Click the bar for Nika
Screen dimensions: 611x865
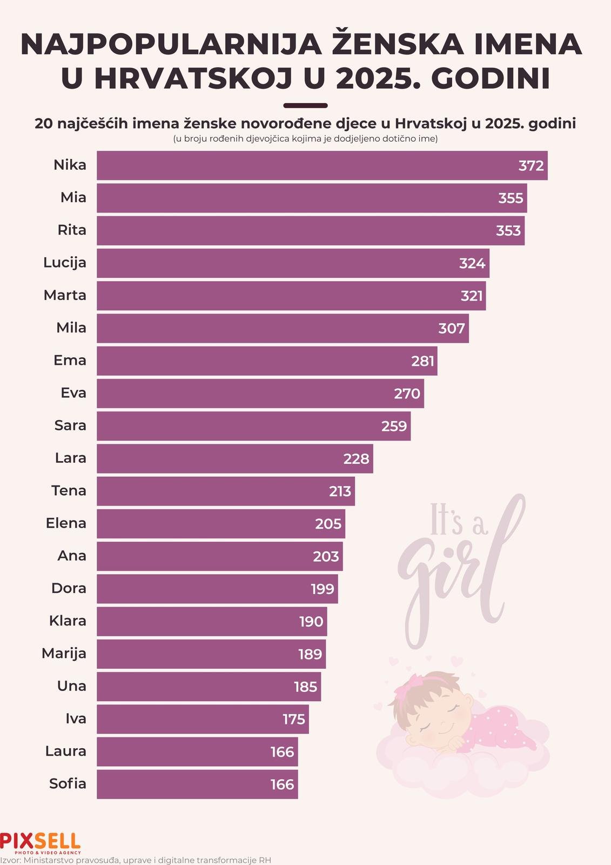323,165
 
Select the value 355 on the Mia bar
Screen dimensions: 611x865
511,198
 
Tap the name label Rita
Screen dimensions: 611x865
72,230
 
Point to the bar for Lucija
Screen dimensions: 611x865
293,263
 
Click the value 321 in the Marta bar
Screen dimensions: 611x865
471,296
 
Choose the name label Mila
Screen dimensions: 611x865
71,328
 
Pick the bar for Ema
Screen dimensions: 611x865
267,361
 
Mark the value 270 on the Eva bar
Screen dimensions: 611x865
407,394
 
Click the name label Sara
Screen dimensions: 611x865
70,425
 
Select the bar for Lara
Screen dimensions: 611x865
235,458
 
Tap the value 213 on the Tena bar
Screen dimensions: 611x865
340,491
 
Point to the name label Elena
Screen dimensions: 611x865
66,523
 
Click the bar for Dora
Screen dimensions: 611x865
217,589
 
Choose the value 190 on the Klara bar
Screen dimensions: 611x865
311,622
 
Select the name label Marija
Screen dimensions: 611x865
64,654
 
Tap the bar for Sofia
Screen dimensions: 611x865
197,784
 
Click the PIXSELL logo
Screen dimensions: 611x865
40,843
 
